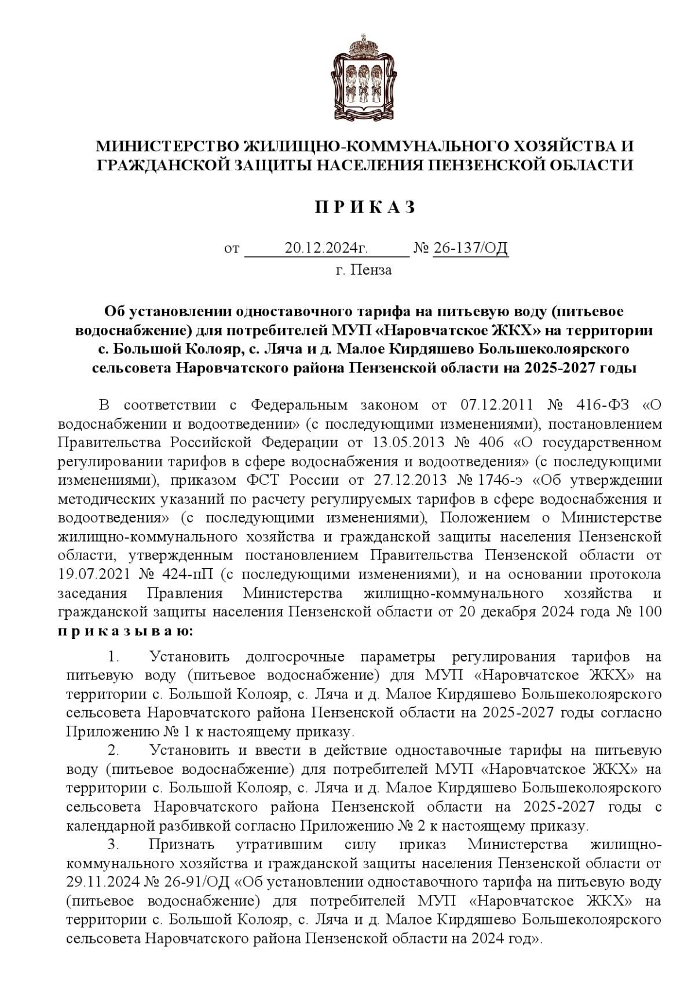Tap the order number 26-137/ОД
pos(470,249)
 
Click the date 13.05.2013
pos(404,443)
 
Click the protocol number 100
pos(648,612)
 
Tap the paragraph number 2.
pos(113,751)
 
